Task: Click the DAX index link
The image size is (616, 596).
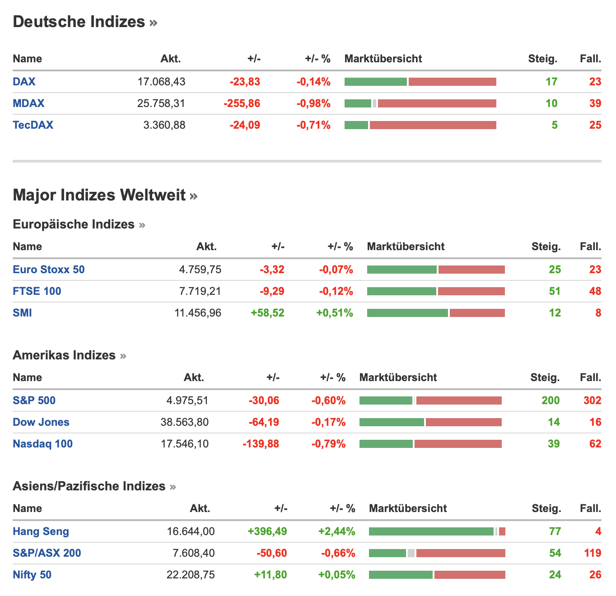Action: pos(24,82)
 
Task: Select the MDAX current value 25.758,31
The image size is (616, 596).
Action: pos(161,103)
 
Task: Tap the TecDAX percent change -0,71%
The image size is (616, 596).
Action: pos(313,125)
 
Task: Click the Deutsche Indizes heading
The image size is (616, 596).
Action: pos(79,22)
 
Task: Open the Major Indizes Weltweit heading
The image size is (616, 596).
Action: pos(99,195)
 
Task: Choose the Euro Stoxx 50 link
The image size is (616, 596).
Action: pos(49,270)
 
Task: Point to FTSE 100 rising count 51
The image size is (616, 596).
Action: pos(555,291)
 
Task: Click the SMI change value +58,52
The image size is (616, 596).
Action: pos(267,313)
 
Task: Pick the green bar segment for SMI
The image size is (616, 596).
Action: pos(407,313)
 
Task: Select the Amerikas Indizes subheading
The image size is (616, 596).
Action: pos(64,355)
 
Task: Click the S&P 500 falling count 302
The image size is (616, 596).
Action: pos(592,400)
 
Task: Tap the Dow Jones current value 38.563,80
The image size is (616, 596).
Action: pos(185,422)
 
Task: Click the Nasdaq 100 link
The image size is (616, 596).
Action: pos(42,444)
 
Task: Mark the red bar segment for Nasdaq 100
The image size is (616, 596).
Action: pos(458,444)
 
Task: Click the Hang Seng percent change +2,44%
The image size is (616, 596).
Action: pos(336,531)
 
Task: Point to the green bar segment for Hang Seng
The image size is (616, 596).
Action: pos(431,531)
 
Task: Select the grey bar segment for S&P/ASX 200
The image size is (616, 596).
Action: pos(411,553)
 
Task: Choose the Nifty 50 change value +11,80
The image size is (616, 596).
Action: pos(271,575)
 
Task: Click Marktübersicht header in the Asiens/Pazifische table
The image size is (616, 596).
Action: pos(408,508)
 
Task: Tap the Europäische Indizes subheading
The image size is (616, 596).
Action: pos(74,224)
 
